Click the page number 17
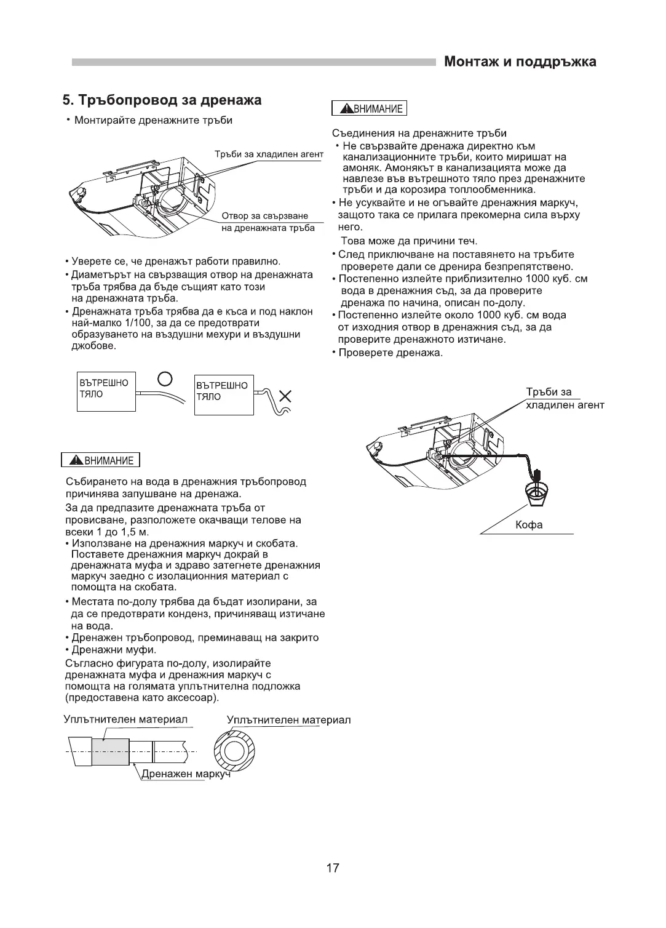point(332,868)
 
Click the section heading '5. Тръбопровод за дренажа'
point(162,100)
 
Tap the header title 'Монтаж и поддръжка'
point(520,62)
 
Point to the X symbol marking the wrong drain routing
point(283,395)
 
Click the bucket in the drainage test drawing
point(537,494)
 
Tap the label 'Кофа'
point(529,525)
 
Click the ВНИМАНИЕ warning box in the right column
point(369,109)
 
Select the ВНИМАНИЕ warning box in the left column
point(101,460)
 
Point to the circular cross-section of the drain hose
point(234,752)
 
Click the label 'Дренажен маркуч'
point(186,774)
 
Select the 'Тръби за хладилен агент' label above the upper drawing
point(269,154)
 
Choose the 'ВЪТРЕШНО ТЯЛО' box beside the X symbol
point(223,393)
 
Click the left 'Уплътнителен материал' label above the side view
point(125,719)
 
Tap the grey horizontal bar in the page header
point(252,62)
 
